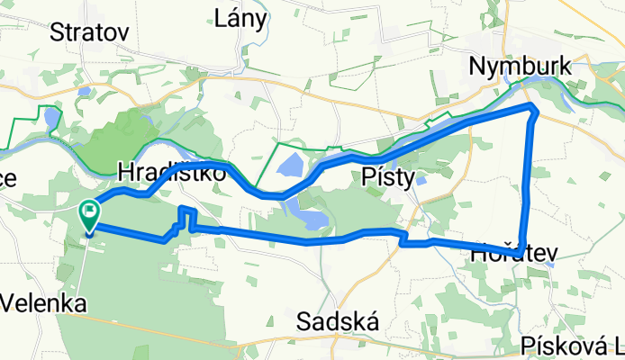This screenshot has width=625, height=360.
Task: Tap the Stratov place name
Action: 90,33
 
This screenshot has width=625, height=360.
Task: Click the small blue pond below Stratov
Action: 84,91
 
